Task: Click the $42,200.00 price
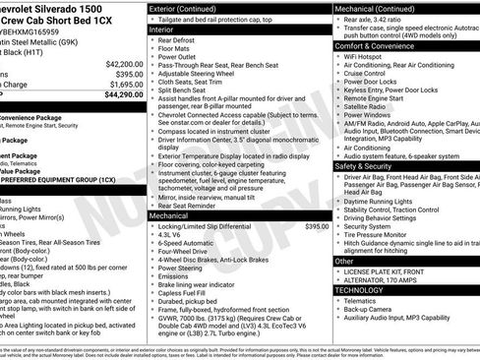119,64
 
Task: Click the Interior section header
162,30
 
